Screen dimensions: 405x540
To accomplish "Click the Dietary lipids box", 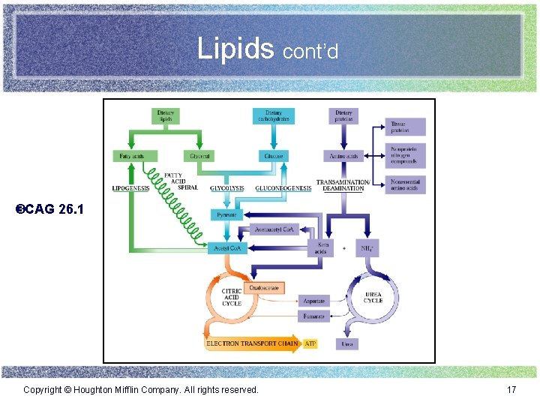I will pyautogui.click(x=166, y=115).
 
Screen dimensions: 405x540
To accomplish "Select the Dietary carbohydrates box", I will pyautogui.click(x=274, y=115).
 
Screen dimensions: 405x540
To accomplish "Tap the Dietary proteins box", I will pyautogui.click(x=343, y=115).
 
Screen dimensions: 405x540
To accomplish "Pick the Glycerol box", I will pyautogui.click(x=199, y=156).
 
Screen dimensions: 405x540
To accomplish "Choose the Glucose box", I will pyautogui.click(x=274, y=156).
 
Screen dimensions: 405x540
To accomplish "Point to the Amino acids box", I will pyautogui.click(x=343, y=156).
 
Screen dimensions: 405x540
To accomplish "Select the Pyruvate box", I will pyautogui.click(x=226, y=215).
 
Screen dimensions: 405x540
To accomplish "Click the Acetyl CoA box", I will pyautogui.click(x=227, y=247).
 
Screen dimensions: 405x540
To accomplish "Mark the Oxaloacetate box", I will pyautogui.click(x=265, y=287).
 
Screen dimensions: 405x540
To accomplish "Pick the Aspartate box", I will pyautogui.click(x=313, y=301).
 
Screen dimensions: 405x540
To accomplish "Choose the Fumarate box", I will pyautogui.click(x=313, y=316).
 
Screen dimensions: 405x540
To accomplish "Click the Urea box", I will pyautogui.click(x=346, y=343).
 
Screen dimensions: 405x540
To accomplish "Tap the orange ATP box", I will pyautogui.click(x=311, y=343).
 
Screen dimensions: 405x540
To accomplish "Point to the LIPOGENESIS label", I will pyautogui.click(x=130, y=188).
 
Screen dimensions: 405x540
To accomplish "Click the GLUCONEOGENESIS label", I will pyautogui.click(x=283, y=188).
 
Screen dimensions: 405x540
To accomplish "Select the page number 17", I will pyautogui.click(x=511, y=390).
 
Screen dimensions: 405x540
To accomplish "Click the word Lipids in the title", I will pyautogui.click(x=236, y=49).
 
